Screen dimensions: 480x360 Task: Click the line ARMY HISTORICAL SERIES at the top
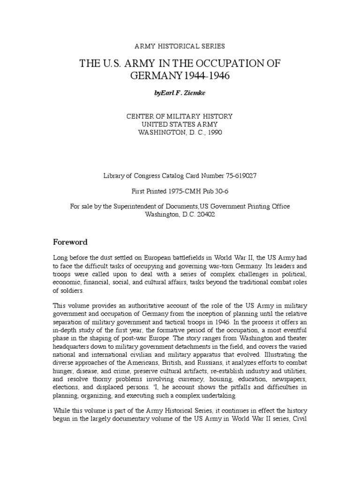pos(180,46)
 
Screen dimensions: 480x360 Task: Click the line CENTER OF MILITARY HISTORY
pos(180,116)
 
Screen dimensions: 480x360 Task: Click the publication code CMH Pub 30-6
pos(202,191)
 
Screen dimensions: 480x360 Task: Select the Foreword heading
pos(70,242)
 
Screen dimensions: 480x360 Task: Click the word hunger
pos(64,370)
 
